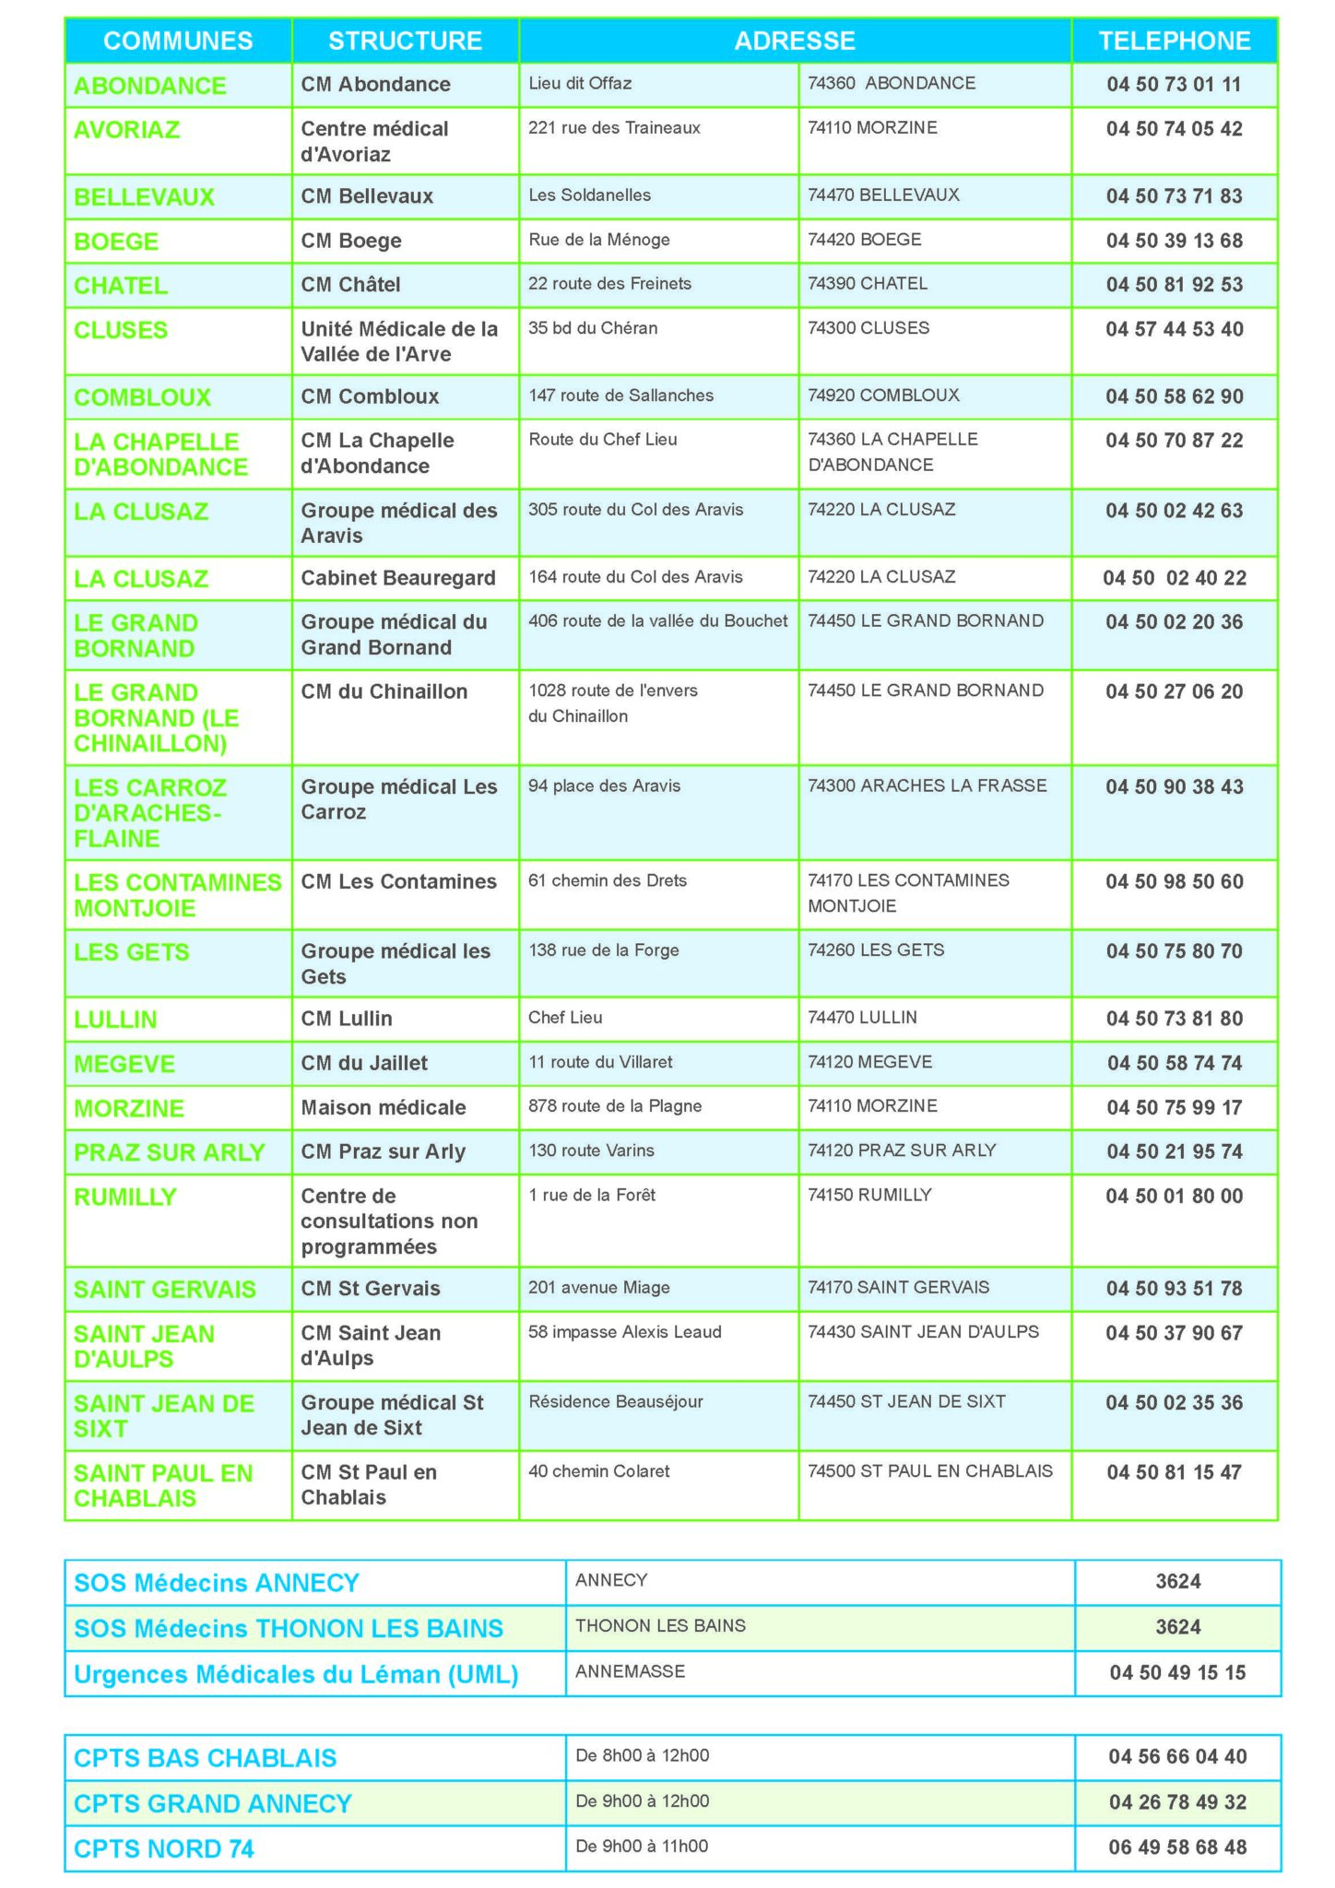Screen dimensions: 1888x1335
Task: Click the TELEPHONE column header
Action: (x=1174, y=41)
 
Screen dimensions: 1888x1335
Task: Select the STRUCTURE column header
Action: (x=405, y=41)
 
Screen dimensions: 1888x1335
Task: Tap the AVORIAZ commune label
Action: (x=126, y=130)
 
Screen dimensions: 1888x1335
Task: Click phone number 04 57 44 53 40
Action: (x=1174, y=329)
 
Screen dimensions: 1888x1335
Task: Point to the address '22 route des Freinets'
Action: (x=609, y=284)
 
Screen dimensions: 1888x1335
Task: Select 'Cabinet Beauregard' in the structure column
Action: (x=398, y=578)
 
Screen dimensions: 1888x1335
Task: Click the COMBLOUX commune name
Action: (x=142, y=397)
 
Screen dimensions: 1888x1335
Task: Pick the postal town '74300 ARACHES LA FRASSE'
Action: (x=927, y=785)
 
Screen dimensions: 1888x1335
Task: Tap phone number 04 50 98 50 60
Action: (x=1174, y=881)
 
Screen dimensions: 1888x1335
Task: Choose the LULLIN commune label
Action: (x=115, y=1020)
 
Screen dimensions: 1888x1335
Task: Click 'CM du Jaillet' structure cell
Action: (x=364, y=1063)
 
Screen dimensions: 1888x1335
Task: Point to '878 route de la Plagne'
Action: (x=615, y=1106)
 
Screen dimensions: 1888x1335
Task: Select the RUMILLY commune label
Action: (x=124, y=1197)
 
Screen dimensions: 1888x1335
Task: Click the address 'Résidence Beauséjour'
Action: (x=615, y=1401)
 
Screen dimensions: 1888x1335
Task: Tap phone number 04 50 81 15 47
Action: (x=1174, y=1472)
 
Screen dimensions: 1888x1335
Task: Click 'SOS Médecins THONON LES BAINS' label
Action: (x=289, y=1628)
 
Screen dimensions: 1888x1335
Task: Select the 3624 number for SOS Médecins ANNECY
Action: (x=1177, y=1582)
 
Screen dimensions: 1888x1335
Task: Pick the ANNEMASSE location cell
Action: (x=630, y=1671)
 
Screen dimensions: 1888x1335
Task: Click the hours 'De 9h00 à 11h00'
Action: (x=642, y=1846)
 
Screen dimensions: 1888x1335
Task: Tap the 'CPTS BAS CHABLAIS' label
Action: (x=205, y=1758)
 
